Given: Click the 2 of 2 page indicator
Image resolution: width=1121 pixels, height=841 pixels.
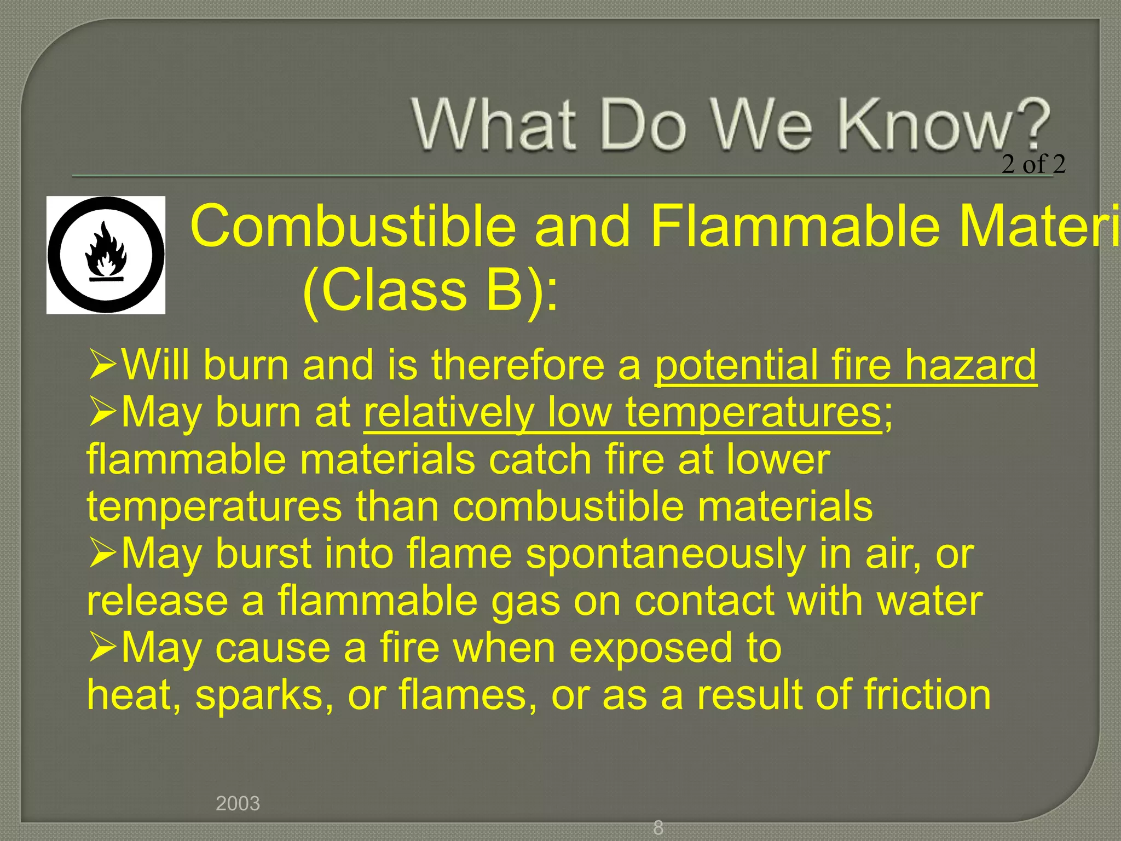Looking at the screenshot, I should pos(1033,164).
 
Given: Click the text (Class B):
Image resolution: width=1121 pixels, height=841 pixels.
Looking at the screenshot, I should pos(430,290).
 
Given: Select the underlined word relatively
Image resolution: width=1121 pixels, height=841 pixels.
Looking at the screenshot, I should pos(449,412).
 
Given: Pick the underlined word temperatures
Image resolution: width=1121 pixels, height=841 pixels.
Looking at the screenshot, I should pos(753,412).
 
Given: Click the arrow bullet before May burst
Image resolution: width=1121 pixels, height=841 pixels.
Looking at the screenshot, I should pos(102,554).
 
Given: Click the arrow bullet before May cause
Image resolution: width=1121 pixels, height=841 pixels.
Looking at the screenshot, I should pos(102,648).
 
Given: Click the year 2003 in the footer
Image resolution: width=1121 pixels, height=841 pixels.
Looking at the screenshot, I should pos(238,803).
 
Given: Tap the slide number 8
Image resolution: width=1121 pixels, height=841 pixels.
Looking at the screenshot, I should pos(658,827).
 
